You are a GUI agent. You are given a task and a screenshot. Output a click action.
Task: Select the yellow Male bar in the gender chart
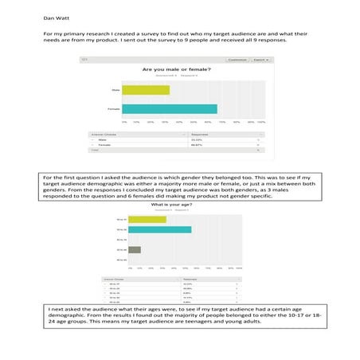[x=147, y=88]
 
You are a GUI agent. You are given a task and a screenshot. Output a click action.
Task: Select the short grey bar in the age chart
[x=135, y=249]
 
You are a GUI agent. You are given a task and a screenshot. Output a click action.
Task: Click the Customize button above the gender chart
[x=237, y=59]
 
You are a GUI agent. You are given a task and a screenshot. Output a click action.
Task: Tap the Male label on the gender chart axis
[x=115, y=88]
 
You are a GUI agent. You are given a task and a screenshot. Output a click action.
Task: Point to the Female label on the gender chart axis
[x=114, y=109]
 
